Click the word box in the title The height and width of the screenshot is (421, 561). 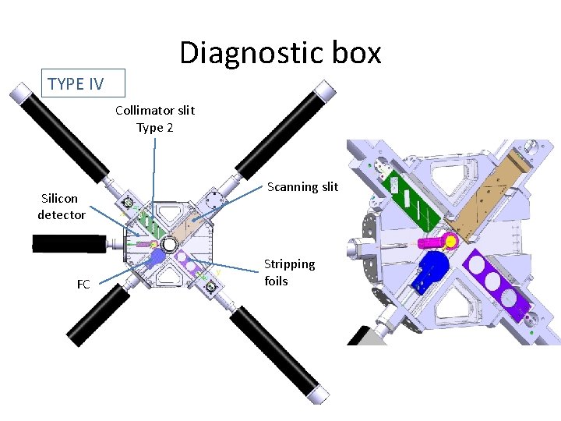355,53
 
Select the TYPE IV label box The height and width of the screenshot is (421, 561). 76,83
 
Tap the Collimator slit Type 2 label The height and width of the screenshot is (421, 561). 155,119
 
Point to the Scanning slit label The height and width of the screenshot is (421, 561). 302,186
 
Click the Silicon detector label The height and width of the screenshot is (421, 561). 61,207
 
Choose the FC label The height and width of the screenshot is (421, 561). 83,285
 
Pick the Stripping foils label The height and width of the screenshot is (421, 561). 289,272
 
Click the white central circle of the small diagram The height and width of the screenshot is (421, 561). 169,245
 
